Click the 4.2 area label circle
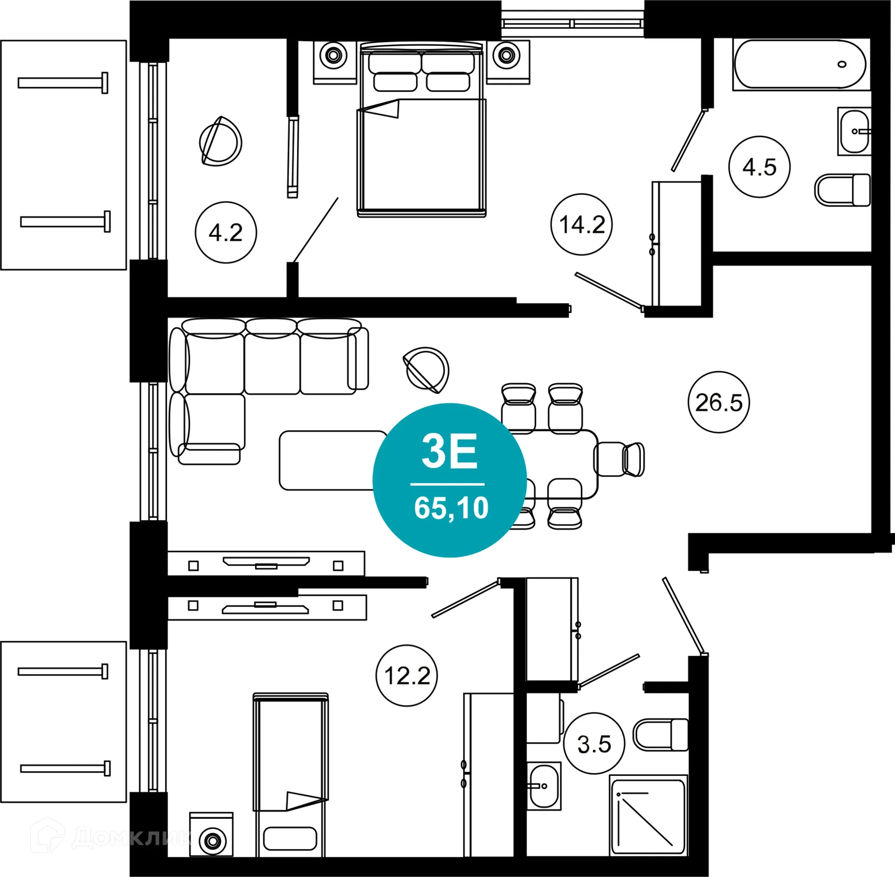click(x=226, y=232)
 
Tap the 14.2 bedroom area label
click(x=581, y=224)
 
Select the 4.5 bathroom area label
click(x=759, y=167)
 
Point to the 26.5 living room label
click(x=718, y=402)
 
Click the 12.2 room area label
click(x=406, y=676)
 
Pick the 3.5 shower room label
click(x=594, y=744)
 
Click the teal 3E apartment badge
click(x=450, y=480)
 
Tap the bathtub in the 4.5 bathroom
click(x=800, y=64)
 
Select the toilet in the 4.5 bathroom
click(x=843, y=190)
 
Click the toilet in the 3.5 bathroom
click(x=661, y=735)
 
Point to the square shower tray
click(x=648, y=816)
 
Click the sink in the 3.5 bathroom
click(x=544, y=787)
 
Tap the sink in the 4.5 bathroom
click(x=854, y=131)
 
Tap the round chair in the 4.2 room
click(x=220, y=141)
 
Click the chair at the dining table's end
click(x=620, y=459)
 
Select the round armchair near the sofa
click(x=426, y=370)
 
